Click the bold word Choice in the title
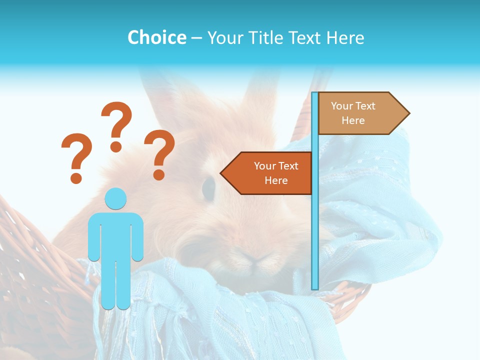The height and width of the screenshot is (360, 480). tap(156, 37)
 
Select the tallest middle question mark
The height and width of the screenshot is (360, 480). tap(116, 122)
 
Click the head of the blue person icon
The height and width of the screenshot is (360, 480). tap(115, 198)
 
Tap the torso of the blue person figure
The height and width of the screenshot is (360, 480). tap(115, 235)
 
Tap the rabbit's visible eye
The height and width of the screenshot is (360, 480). tap(208, 187)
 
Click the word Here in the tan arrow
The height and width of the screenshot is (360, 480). tap(353, 120)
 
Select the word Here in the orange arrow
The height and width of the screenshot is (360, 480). tap(276, 180)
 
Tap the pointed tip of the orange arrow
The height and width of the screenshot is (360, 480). tap(222, 173)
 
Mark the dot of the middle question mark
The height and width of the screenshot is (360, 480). tap(116, 146)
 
